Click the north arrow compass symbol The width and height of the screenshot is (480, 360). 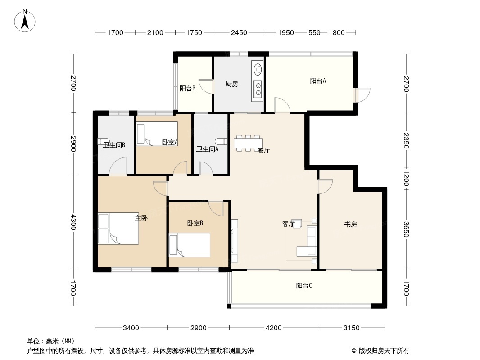click(x=25, y=21)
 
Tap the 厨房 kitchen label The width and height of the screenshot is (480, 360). click(x=232, y=84)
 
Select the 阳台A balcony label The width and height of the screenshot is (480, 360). click(x=318, y=81)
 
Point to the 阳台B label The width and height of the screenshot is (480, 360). click(x=187, y=88)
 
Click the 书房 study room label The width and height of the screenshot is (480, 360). click(x=350, y=225)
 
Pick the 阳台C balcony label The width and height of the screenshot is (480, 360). click(x=304, y=285)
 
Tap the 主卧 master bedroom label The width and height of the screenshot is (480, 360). click(x=141, y=218)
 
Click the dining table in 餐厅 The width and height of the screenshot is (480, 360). click(x=248, y=143)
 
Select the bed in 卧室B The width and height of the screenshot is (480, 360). click(x=190, y=245)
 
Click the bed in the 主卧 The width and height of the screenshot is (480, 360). click(x=118, y=229)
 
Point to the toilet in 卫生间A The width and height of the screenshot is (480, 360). click(x=222, y=141)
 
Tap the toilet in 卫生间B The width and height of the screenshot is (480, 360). click(x=102, y=141)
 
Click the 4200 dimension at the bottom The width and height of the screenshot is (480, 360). click(x=273, y=328)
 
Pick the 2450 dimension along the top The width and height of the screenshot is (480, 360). click(x=239, y=33)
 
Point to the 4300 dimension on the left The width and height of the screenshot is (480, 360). click(x=73, y=222)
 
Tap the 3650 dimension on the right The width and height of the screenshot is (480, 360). click(x=406, y=229)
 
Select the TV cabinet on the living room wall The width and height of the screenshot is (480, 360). click(x=235, y=241)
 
